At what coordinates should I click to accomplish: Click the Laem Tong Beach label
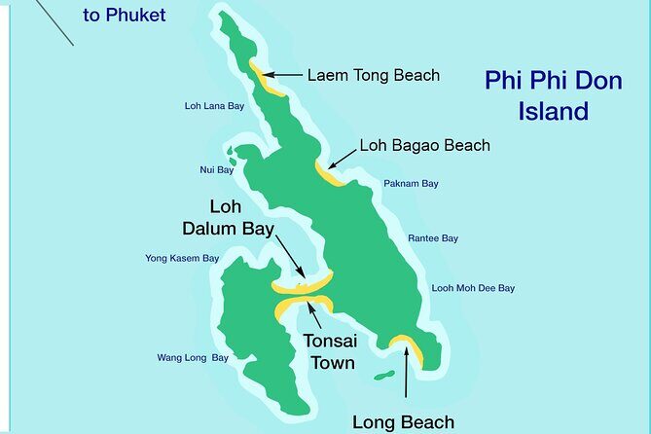(374, 75)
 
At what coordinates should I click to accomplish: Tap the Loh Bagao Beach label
(424, 146)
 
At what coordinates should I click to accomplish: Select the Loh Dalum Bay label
(227, 219)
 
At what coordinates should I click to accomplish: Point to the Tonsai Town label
(329, 353)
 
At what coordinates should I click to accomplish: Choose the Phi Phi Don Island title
(553, 95)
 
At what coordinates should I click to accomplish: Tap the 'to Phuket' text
(124, 15)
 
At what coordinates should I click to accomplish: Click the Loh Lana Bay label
(214, 107)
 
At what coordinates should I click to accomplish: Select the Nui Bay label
(217, 170)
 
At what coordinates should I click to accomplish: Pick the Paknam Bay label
(411, 183)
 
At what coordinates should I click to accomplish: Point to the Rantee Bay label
(433, 238)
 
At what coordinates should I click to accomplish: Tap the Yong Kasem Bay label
(182, 259)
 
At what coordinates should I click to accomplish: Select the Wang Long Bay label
(193, 358)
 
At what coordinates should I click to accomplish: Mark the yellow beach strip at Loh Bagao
(329, 173)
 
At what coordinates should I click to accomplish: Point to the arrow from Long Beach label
(406, 380)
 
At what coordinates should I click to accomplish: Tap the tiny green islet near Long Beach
(384, 375)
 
